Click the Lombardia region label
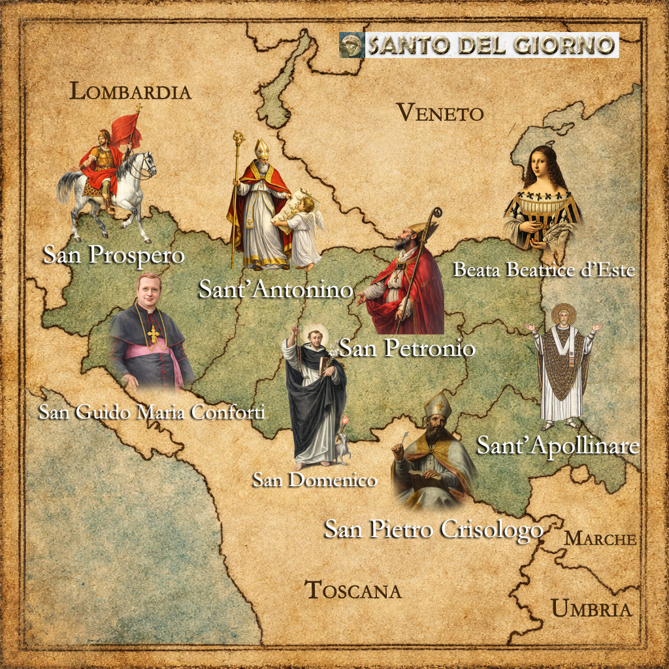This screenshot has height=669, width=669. pyautogui.click(x=130, y=91)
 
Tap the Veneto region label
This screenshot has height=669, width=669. pyautogui.click(x=440, y=113)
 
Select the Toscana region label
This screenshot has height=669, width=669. pyautogui.click(x=353, y=590)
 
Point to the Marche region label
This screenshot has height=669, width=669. pyautogui.click(x=600, y=539)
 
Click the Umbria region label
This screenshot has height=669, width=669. pyautogui.click(x=591, y=609)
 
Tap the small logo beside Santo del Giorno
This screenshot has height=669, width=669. pyautogui.click(x=352, y=46)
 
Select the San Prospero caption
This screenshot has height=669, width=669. pyautogui.click(x=114, y=255)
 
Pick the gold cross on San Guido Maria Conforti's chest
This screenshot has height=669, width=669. pyautogui.click(x=154, y=334)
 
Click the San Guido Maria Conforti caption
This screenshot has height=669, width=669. pyautogui.click(x=151, y=413)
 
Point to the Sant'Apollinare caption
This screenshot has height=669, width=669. pyautogui.click(x=557, y=446)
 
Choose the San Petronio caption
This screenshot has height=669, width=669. pyautogui.click(x=406, y=348)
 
